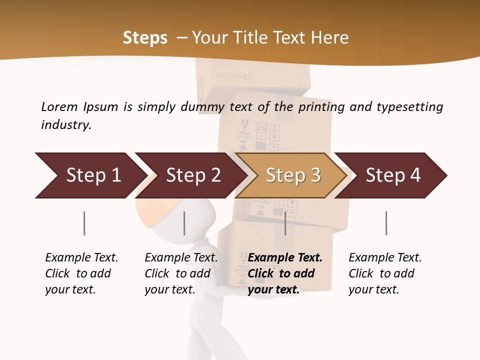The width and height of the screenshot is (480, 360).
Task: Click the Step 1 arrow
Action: (90, 175)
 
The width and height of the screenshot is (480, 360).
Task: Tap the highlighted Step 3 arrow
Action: (291, 175)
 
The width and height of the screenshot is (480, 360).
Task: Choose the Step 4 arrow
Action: (391, 175)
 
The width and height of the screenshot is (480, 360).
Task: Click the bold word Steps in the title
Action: (145, 38)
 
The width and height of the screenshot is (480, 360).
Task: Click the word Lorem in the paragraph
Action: (59, 106)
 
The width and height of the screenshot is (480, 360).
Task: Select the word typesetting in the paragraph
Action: (409, 107)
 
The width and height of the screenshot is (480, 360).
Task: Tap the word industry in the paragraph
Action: (65, 125)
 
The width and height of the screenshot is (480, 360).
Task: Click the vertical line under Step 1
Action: (84, 223)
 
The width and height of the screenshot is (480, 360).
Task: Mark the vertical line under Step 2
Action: (184, 223)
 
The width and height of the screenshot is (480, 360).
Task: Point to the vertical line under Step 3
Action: (285, 223)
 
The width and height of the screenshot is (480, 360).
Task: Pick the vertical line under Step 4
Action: (386, 223)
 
